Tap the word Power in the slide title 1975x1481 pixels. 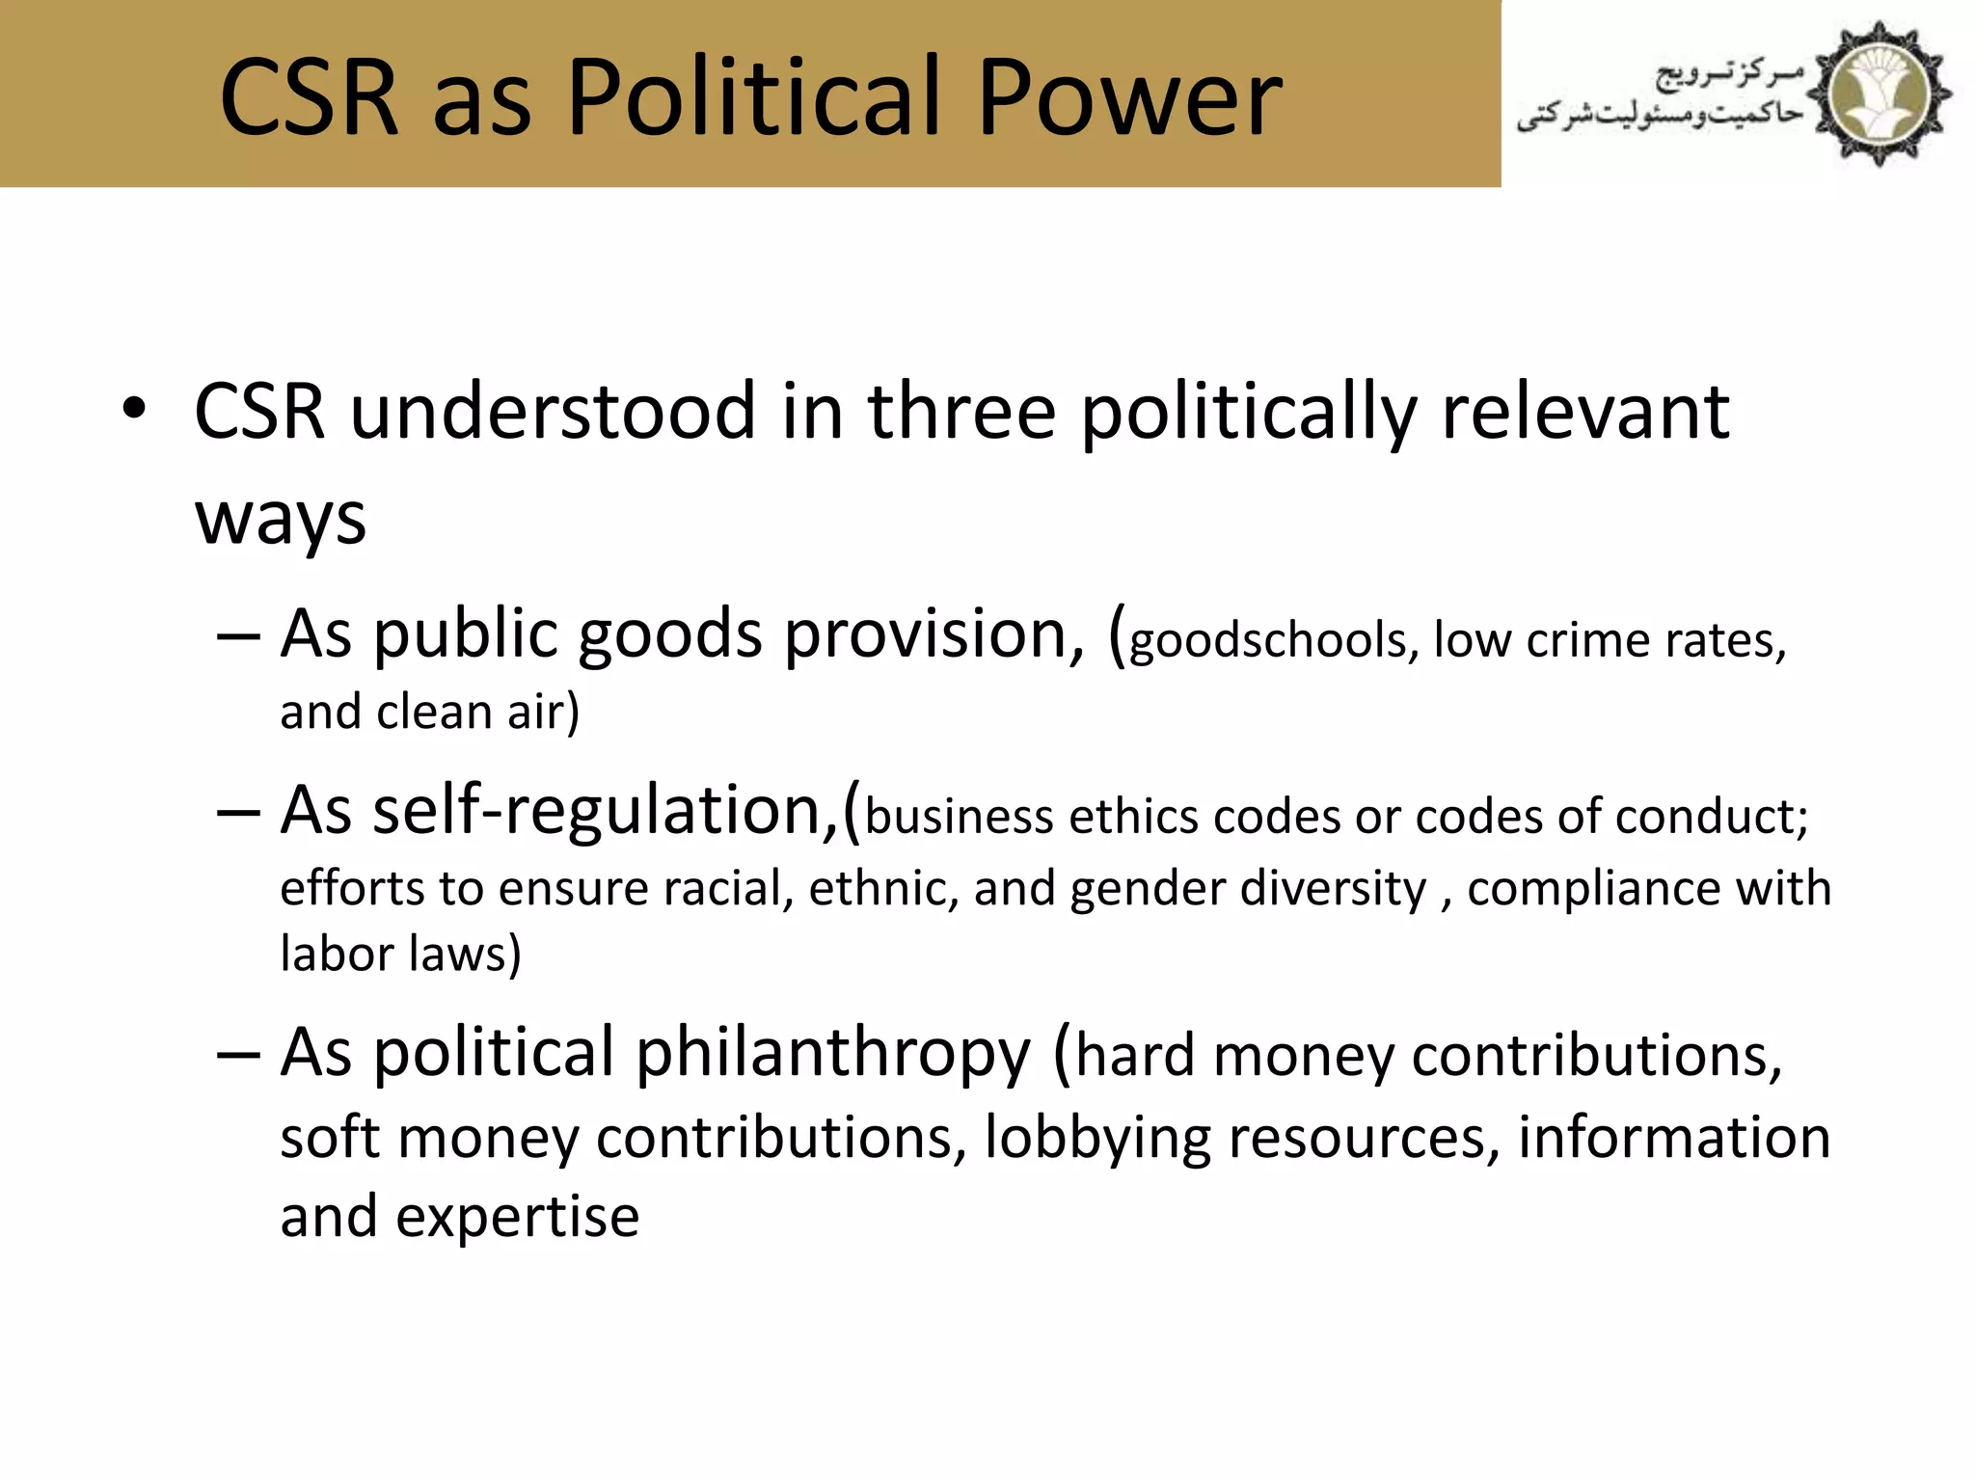pyautogui.click(x=1129, y=96)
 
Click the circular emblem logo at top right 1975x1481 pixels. pyautogui.click(x=1878, y=94)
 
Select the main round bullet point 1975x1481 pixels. pyautogui.click(x=134, y=409)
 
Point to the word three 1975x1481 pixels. pyautogui.click(x=961, y=412)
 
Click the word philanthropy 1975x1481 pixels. pyautogui.click(x=833, y=1054)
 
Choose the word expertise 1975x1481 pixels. pyautogui.click(x=518, y=1217)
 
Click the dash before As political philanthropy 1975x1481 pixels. pyautogui.click(x=238, y=1054)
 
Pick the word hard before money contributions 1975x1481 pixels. pyautogui.click(x=1136, y=1056)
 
